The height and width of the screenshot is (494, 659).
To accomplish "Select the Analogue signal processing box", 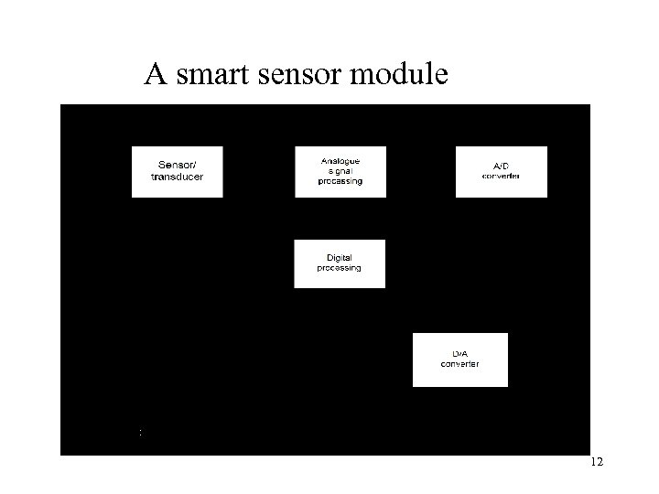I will tap(340, 171).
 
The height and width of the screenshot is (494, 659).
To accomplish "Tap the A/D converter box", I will tap(501, 171).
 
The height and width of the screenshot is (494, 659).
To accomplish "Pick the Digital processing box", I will tap(339, 263).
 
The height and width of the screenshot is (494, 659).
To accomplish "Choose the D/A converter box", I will tap(459, 360).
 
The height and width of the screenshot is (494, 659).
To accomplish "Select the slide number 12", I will tap(596, 464).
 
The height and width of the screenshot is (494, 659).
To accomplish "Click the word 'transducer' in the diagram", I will tap(177, 177).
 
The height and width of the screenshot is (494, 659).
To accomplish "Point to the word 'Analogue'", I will tap(340, 161).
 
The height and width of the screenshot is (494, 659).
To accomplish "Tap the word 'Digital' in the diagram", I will tap(340, 258).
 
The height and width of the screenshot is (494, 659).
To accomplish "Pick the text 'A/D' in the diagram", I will tap(501, 166).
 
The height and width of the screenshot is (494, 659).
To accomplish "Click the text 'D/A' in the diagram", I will tap(460, 354).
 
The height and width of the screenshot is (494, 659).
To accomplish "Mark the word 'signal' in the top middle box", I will tap(340, 171).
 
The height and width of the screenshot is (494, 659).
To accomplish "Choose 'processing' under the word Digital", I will tap(339, 269).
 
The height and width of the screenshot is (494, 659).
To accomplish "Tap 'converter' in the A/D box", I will tap(501, 176).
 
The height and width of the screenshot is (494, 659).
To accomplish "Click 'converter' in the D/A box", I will tap(459, 364).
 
